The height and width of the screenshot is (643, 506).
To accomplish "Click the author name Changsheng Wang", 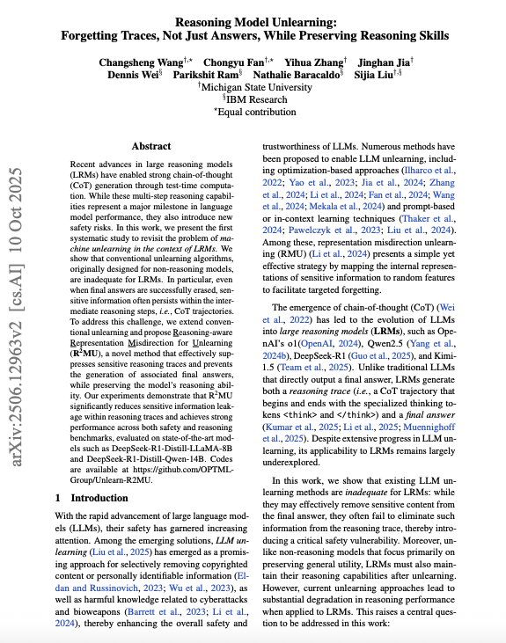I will (145, 62).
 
